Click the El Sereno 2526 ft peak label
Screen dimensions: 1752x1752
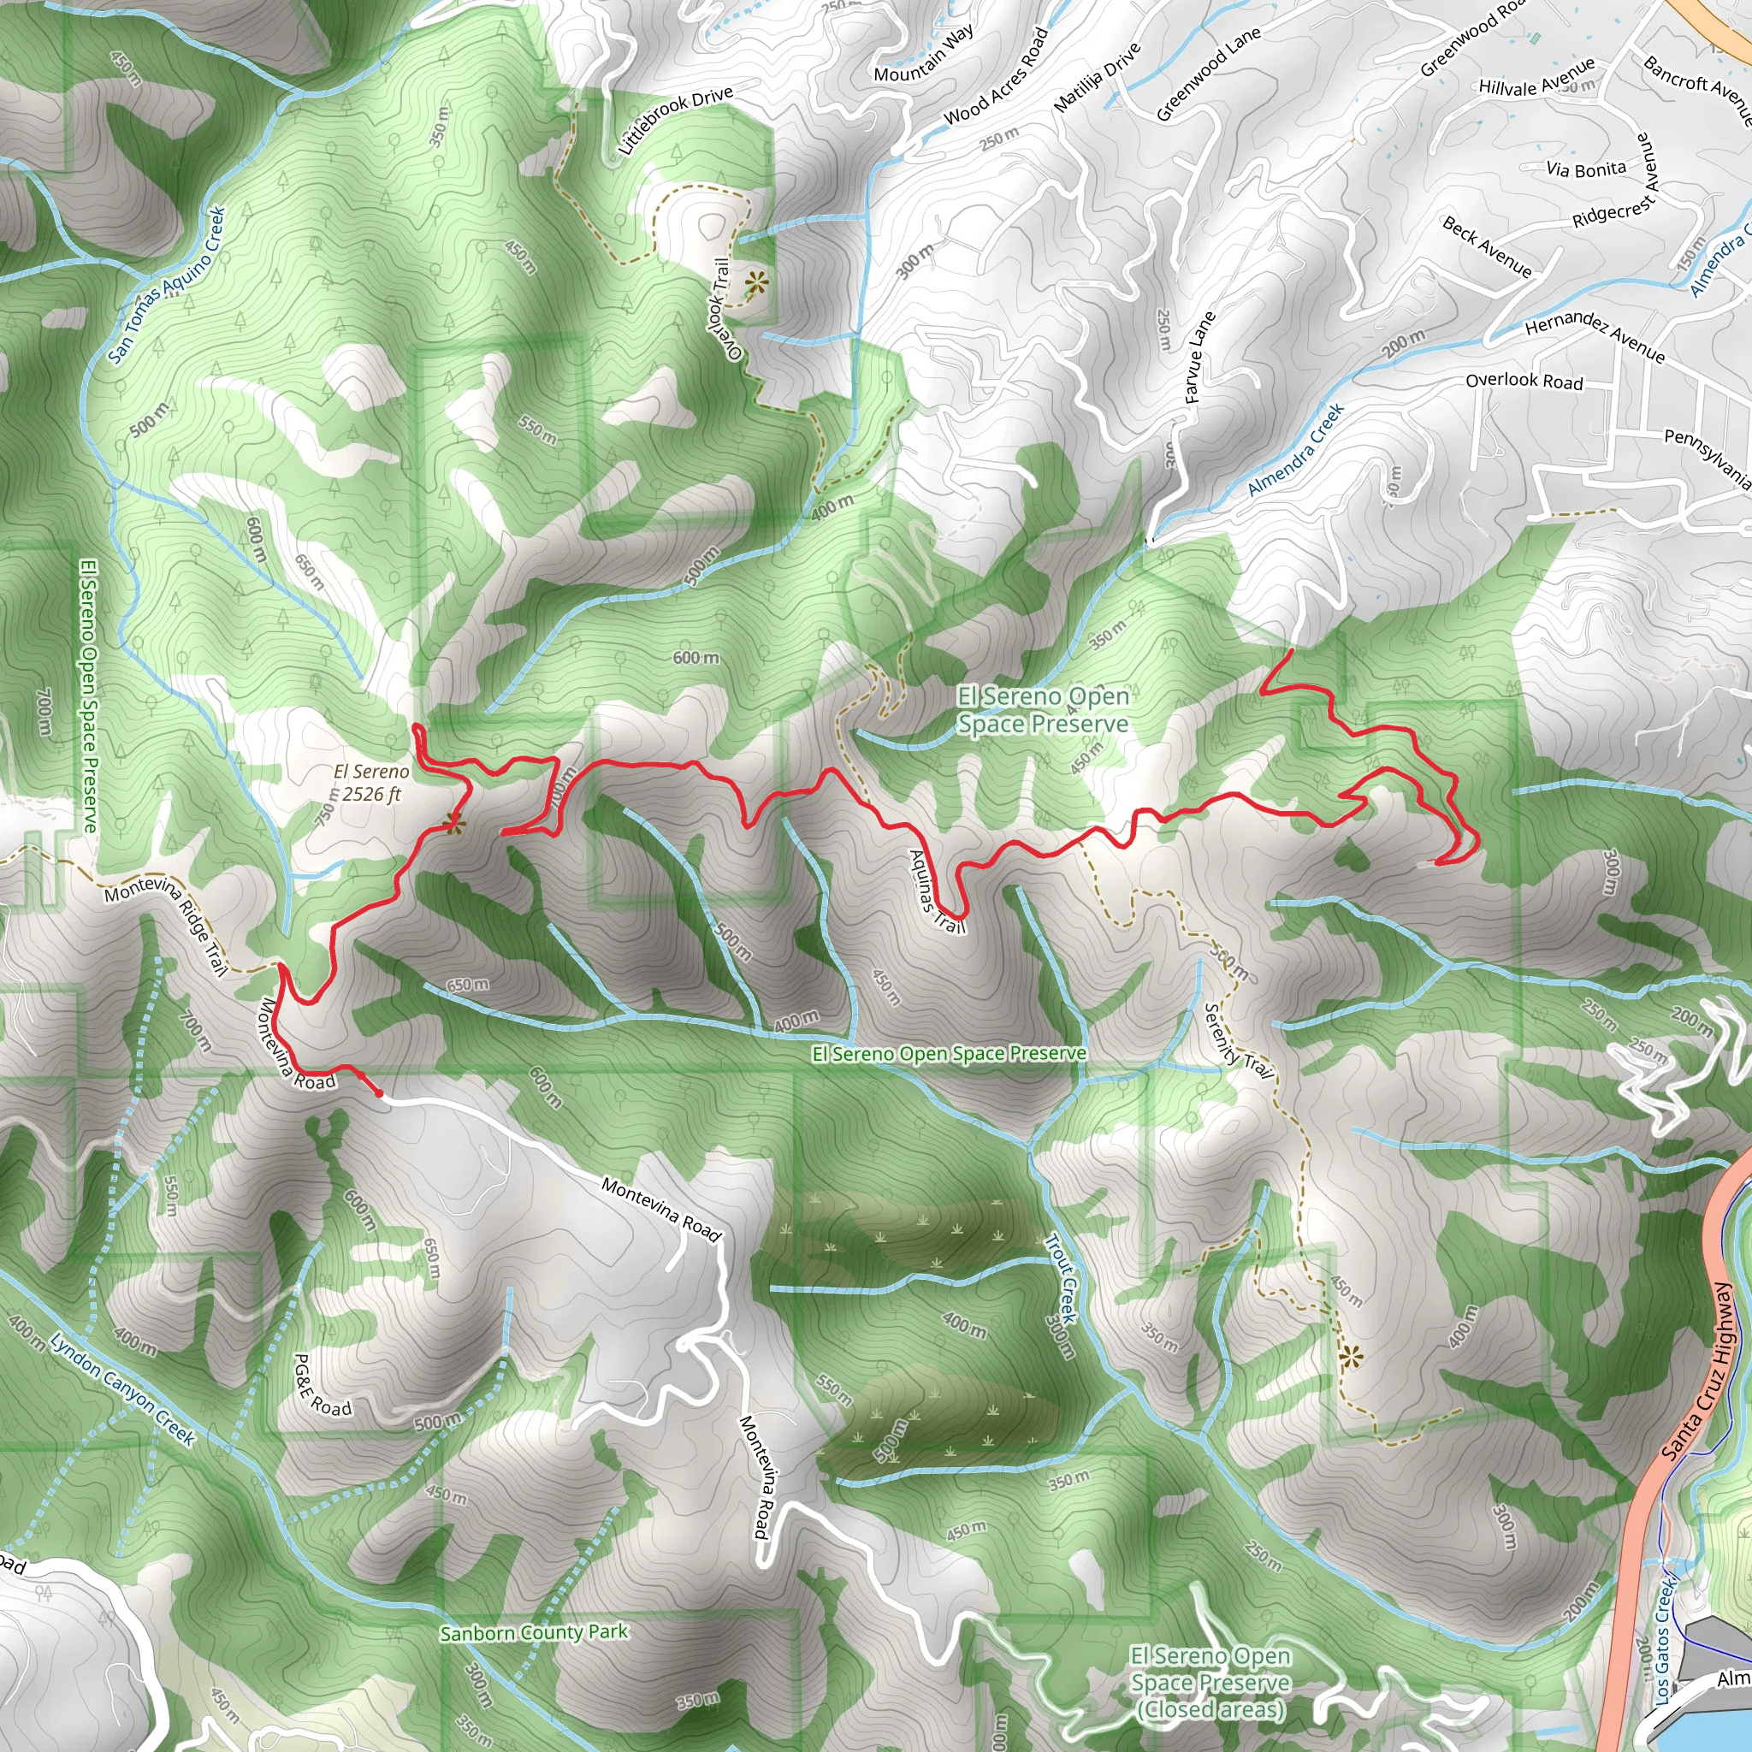[x=372, y=783]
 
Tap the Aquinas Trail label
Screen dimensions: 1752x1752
[x=936, y=891]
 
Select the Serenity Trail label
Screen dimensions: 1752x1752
[x=1238, y=1041]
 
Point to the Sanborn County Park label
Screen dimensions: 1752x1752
[x=533, y=1632]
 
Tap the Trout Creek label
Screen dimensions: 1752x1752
[x=1060, y=1297]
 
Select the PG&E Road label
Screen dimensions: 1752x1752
[x=322, y=1386]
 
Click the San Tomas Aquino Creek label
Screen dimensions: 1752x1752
[x=167, y=285]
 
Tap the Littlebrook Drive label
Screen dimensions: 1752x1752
[x=675, y=121]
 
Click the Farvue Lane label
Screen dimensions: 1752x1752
[x=1199, y=358]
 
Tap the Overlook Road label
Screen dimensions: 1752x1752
[x=1524, y=381]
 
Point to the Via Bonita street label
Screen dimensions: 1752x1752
[x=1586, y=169]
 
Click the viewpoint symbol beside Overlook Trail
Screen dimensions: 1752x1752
[x=755, y=284]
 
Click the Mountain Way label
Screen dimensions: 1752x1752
[x=924, y=54]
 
